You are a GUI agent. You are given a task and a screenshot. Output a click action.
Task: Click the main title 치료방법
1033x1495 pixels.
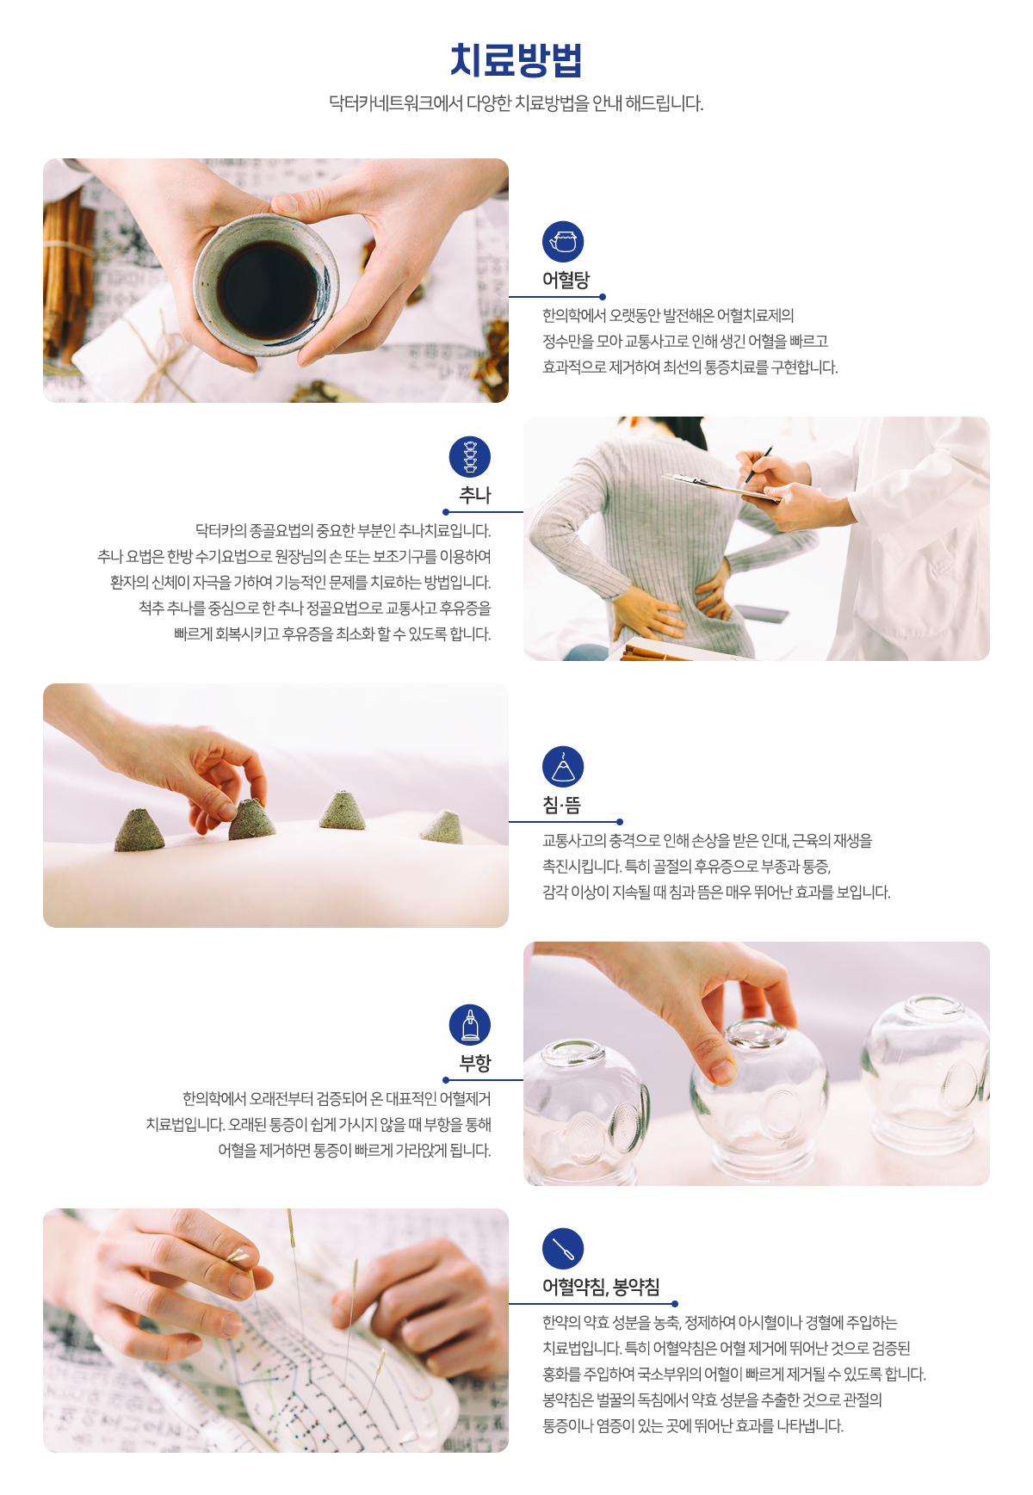[x=516, y=60]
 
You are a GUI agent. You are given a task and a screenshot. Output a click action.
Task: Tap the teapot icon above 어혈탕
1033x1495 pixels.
[x=563, y=242]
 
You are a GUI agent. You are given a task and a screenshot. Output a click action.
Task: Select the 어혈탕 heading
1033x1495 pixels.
[x=566, y=280]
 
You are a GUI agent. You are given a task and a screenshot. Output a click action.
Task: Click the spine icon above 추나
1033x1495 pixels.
[x=470, y=457]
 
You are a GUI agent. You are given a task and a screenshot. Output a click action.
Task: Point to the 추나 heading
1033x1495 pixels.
[x=475, y=495]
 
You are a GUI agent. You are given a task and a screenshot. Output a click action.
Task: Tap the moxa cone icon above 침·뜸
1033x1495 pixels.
[x=563, y=767]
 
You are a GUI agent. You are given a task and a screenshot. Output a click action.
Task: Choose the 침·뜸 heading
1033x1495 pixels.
[x=561, y=805]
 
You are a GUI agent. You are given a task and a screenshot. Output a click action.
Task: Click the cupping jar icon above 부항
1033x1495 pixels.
[x=470, y=1025]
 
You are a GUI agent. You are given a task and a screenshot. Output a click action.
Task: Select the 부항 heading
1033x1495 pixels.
[x=475, y=1063]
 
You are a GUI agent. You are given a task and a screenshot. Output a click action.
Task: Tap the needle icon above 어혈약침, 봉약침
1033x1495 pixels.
[x=563, y=1249]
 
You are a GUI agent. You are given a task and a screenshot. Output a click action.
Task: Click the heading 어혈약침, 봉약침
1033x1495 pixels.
[x=601, y=1287]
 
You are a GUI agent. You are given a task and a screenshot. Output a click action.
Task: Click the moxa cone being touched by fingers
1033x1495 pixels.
[x=251, y=819]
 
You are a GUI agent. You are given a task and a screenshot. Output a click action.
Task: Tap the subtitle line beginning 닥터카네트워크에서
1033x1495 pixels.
[x=516, y=103]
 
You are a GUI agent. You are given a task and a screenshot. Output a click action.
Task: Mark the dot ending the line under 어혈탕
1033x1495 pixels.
[x=603, y=297]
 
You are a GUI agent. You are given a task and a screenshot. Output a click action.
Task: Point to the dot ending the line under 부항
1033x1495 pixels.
[x=446, y=1080]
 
